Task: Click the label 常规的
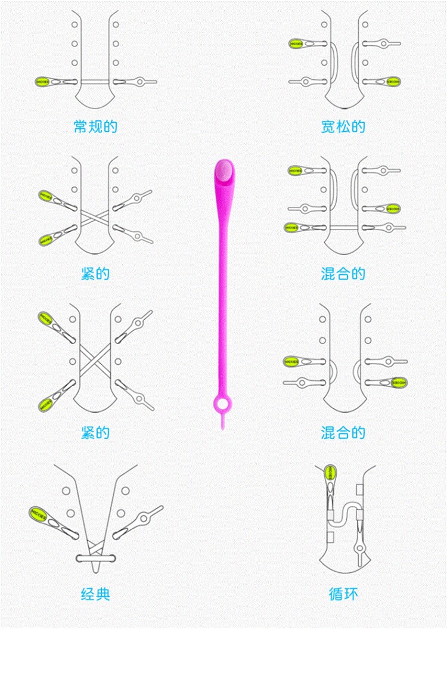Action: (95, 126)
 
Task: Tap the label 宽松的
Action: (343, 126)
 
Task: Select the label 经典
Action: (95, 594)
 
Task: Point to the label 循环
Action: (343, 594)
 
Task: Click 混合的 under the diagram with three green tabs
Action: (343, 274)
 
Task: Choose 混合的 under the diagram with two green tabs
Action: (343, 432)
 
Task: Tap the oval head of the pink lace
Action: (224, 172)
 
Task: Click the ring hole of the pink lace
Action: (222, 405)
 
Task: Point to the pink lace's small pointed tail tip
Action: (222, 425)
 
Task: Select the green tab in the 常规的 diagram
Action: (43, 82)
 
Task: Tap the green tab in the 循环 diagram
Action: (329, 474)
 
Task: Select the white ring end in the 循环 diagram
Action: (360, 547)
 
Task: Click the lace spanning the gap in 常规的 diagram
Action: (95, 82)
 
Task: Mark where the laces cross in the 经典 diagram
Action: (95, 544)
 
